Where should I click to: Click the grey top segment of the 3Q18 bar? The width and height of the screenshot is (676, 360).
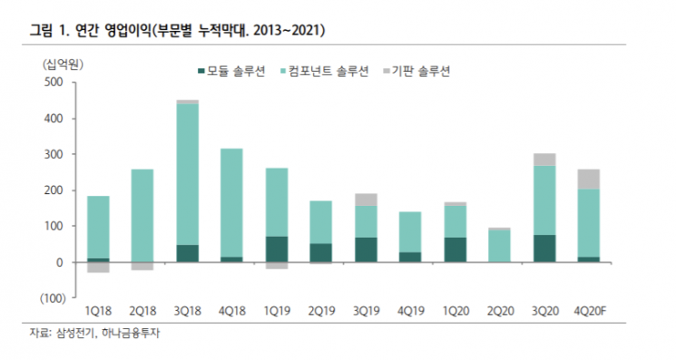[188, 102]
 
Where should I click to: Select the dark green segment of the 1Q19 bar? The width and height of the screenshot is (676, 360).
[277, 249]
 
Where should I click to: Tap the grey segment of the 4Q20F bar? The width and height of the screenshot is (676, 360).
[589, 180]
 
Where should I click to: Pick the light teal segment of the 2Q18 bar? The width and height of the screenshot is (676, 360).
[142, 216]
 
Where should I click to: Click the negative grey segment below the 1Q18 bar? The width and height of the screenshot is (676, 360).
[98, 268]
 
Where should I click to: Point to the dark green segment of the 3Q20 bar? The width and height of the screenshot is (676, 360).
[544, 248]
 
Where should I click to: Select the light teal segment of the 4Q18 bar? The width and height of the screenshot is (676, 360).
[232, 203]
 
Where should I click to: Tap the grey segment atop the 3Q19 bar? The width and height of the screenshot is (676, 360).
[366, 199]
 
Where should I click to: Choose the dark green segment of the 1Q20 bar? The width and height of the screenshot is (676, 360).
[456, 249]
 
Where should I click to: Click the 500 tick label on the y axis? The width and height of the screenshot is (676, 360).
[54, 82]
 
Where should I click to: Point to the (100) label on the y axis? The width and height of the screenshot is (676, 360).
[53, 298]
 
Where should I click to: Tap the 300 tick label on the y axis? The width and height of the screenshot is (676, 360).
[54, 154]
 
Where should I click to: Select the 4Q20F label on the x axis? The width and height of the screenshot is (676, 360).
[590, 311]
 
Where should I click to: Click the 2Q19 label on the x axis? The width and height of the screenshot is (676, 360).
[321, 311]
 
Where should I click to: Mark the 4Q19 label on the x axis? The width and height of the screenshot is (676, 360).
[411, 311]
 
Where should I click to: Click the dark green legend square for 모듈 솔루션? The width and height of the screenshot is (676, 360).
[201, 71]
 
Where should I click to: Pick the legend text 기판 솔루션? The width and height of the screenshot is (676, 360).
[421, 71]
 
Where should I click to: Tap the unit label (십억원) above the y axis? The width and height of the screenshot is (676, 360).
[63, 64]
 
